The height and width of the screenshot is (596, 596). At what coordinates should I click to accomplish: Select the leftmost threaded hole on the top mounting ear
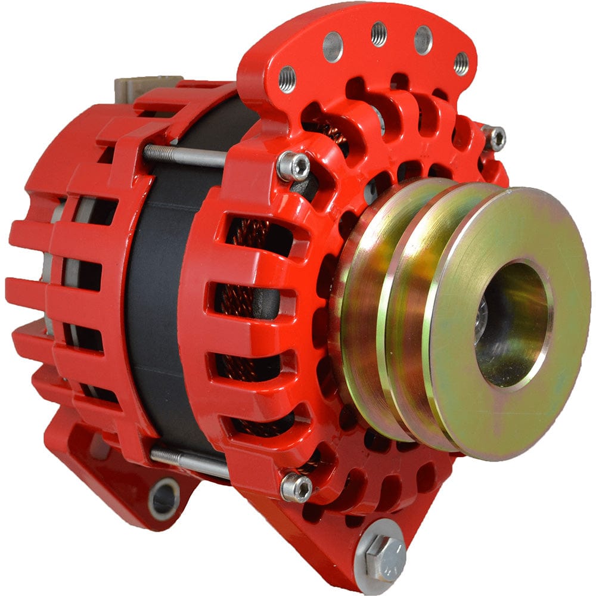[287, 79]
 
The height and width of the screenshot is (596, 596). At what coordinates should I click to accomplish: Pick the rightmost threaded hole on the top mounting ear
[461, 63]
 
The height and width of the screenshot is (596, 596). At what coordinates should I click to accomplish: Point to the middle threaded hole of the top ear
[379, 33]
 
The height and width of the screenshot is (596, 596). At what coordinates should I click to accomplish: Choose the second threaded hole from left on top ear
[333, 46]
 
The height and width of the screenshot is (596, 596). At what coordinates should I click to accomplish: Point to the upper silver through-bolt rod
[185, 156]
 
